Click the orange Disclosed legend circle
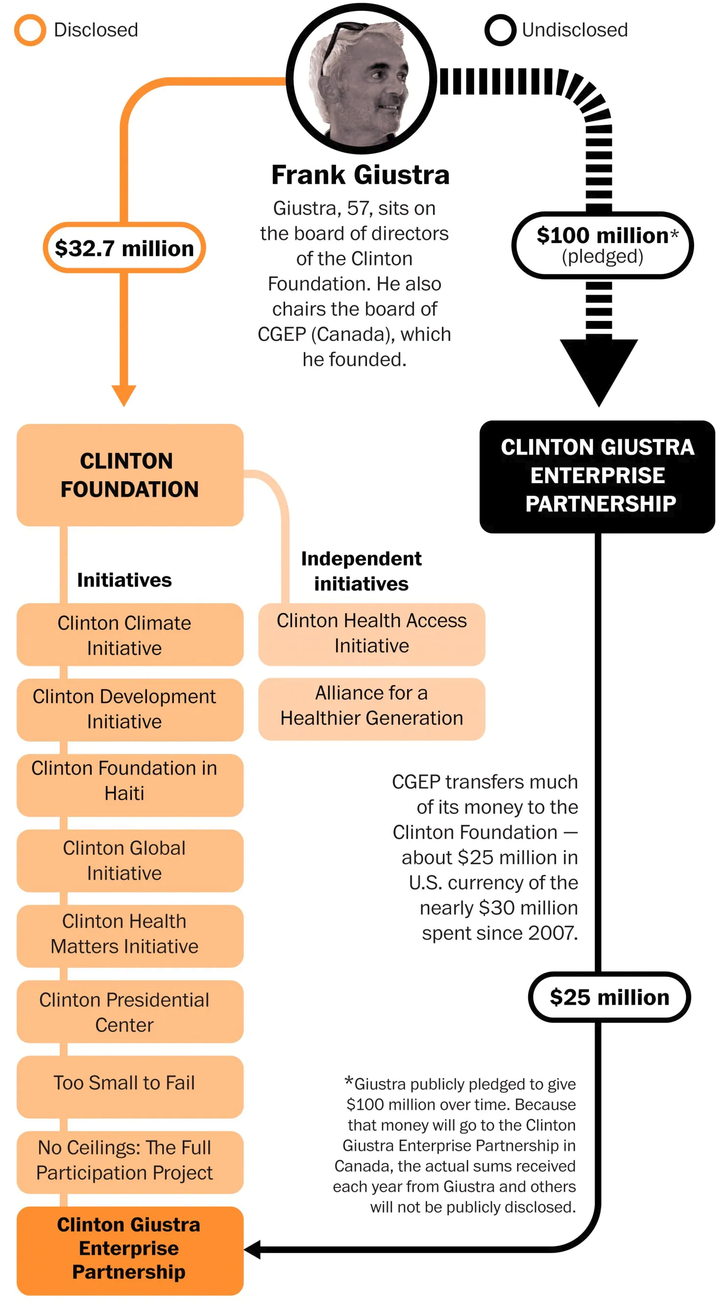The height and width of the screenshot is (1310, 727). click(30, 30)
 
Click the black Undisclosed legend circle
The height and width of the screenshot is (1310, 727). click(500, 30)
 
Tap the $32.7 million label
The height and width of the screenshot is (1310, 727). click(124, 248)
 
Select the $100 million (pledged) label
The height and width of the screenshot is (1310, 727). click(603, 245)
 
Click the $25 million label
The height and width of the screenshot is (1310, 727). click(609, 997)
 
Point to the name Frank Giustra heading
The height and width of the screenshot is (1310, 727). click(361, 174)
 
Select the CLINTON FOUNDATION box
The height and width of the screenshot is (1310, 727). click(130, 475)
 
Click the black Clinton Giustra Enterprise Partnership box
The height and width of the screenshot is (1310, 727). click(597, 476)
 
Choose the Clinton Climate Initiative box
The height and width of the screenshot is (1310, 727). click(130, 635)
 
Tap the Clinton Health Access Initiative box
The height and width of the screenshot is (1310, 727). click(372, 634)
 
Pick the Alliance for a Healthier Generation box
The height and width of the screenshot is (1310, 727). click(372, 708)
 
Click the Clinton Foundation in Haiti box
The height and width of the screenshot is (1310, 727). click(130, 785)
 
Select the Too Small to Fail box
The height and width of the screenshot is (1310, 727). click(130, 1086)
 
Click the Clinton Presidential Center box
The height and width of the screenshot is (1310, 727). click(130, 1012)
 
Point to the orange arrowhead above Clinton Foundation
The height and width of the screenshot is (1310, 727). click(123, 394)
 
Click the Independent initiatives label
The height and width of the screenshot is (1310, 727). click(361, 571)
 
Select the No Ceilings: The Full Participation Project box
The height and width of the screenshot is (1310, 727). click(130, 1162)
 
